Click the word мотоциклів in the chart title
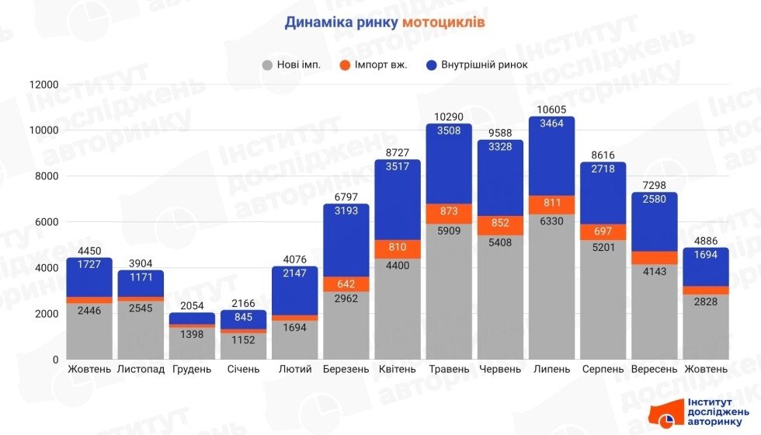tap(443, 23)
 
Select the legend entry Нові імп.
tap(298, 64)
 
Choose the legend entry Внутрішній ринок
tap(484, 64)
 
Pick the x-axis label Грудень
tap(192, 369)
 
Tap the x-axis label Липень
tap(552, 369)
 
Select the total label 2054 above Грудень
tap(192, 305)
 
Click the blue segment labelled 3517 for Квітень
tap(398, 200)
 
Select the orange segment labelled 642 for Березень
tap(346, 284)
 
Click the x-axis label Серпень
tap(603, 369)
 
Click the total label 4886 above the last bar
tap(706, 241)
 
